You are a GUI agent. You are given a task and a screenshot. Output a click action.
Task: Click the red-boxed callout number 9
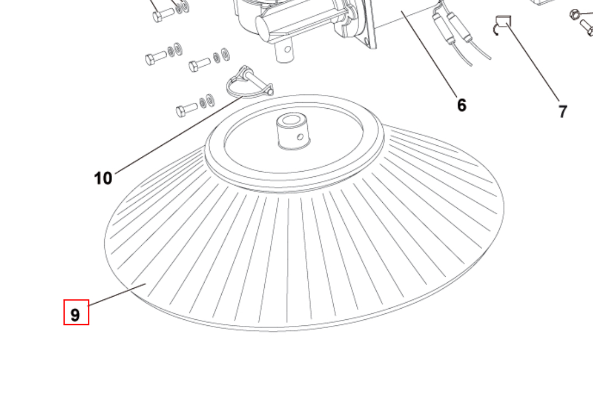point(75,315)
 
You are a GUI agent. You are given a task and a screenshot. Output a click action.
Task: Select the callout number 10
point(103,178)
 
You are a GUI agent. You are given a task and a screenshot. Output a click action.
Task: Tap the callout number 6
point(461,105)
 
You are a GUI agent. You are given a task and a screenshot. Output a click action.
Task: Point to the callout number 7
point(563,112)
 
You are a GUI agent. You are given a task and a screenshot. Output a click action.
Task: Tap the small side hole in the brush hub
point(300,137)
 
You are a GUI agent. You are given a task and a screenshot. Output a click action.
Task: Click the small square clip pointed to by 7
point(504,21)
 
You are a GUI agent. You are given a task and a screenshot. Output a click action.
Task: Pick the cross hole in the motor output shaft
point(287,49)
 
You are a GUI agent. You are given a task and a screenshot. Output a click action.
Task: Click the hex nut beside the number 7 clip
point(574,14)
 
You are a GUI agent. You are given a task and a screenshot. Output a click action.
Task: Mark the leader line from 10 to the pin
point(179,135)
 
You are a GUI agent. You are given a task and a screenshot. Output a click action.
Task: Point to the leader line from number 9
point(117,294)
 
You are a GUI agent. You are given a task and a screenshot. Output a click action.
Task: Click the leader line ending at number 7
point(533,62)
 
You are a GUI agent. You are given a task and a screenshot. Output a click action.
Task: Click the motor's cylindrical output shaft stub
point(285,51)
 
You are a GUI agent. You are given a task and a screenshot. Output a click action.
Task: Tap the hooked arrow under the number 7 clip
point(496,29)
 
